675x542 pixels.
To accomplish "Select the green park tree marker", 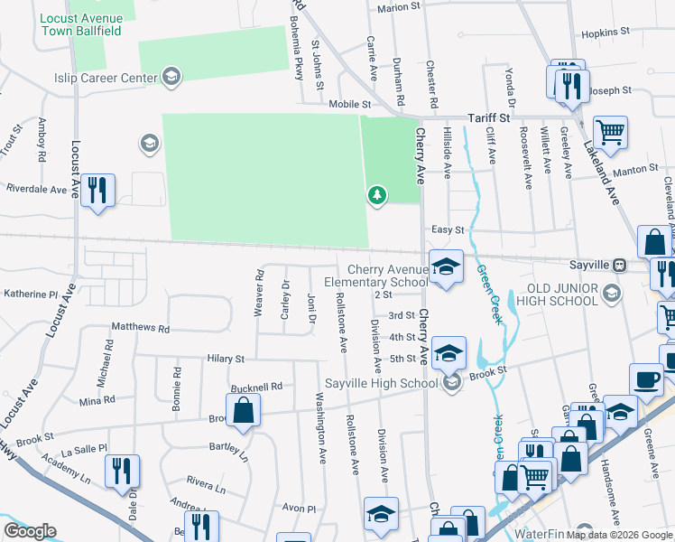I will click(x=376, y=195).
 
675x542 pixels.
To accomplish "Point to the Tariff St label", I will click(x=488, y=118).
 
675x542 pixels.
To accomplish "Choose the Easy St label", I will click(x=448, y=230).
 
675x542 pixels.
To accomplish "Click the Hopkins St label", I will click(x=605, y=32).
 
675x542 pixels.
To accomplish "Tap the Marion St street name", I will click(x=400, y=7).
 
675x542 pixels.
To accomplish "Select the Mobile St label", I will click(x=349, y=104).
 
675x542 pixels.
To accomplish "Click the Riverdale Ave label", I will click(x=37, y=190).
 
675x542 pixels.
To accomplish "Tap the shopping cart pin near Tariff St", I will click(x=611, y=133).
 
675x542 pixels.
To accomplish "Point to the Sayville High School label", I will click(x=381, y=383).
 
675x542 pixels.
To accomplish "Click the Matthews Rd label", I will click(x=140, y=329).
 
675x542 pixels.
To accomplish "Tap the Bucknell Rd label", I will click(x=257, y=387).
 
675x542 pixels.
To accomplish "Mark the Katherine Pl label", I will click(x=31, y=294).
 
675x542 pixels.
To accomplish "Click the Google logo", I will click(x=30, y=531).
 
